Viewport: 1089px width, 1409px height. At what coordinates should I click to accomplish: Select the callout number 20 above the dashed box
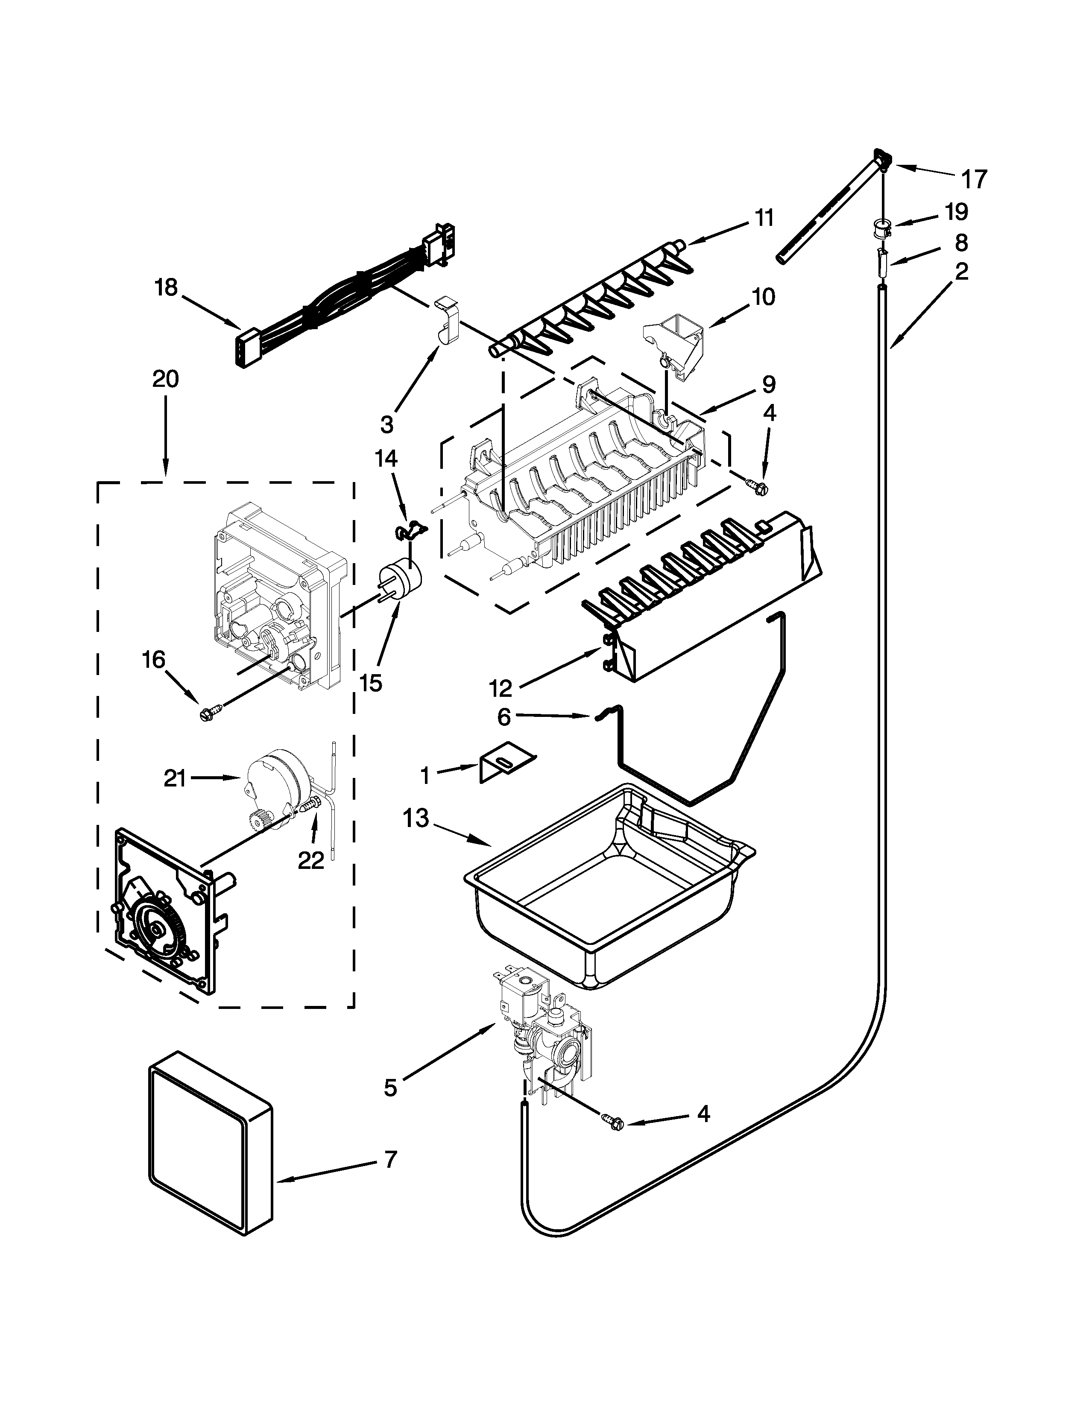click(165, 379)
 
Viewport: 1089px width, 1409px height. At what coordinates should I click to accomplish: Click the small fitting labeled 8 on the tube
click(882, 264)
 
